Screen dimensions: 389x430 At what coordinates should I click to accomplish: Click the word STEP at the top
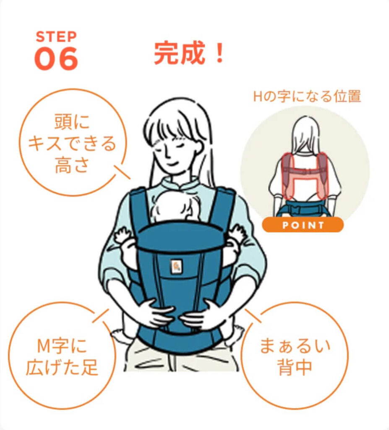56,37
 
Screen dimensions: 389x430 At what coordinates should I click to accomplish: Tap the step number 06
56,58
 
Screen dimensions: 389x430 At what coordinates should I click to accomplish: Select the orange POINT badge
303,225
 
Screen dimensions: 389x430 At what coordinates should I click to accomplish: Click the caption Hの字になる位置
307,96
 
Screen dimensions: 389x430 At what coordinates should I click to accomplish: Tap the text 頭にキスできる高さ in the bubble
72,144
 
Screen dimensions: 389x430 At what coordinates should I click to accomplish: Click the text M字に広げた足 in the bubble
62,357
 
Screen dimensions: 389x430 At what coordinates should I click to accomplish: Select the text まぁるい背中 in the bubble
295,356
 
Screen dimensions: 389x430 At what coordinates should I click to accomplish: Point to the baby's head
175,206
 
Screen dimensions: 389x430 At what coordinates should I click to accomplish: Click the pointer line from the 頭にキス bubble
122,172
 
